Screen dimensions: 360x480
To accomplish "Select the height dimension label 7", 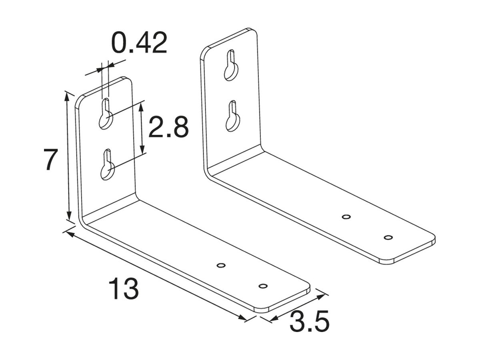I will tap(51, 160).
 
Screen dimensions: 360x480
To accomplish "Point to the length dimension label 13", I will tap(124, 289).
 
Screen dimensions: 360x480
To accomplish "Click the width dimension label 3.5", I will tap(309, 322).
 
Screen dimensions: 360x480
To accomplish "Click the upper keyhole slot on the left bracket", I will tap(106, 114).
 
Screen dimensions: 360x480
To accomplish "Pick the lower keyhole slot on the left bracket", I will tap(107, 165).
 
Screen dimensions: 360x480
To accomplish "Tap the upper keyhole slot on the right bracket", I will tap(231, 66).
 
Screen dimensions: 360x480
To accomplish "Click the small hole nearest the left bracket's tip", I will tap(263, 286).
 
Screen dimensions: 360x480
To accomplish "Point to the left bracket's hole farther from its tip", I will tap(220, 265).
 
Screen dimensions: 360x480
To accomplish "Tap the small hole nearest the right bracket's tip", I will tap(388, 237).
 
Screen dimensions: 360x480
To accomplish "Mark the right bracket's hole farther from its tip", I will tap(346, 217).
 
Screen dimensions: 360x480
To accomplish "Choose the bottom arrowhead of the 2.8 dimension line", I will tap(143, 151).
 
